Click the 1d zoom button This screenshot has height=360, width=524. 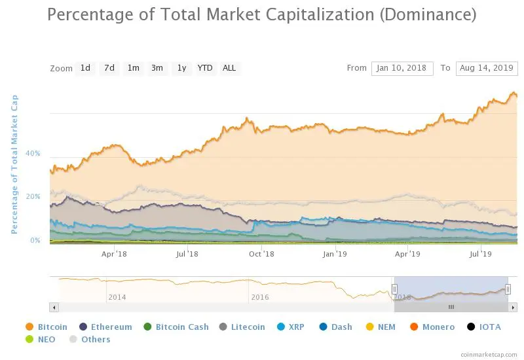(85, 68)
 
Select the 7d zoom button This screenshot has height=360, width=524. (109, 68)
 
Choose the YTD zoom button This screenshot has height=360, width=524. (205, 68)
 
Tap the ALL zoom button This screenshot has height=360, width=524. (229, 68)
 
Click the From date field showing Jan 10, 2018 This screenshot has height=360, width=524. (402, 68)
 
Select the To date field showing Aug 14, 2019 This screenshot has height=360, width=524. (487, 68)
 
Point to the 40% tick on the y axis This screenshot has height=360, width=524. (33, 154)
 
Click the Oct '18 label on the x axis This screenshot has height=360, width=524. (261, 253)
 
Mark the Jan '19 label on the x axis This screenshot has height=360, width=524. (336, 253)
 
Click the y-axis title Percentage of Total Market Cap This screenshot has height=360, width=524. (14, 164)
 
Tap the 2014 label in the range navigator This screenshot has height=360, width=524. (117, 297)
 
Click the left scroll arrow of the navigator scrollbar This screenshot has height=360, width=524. (54, 307)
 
